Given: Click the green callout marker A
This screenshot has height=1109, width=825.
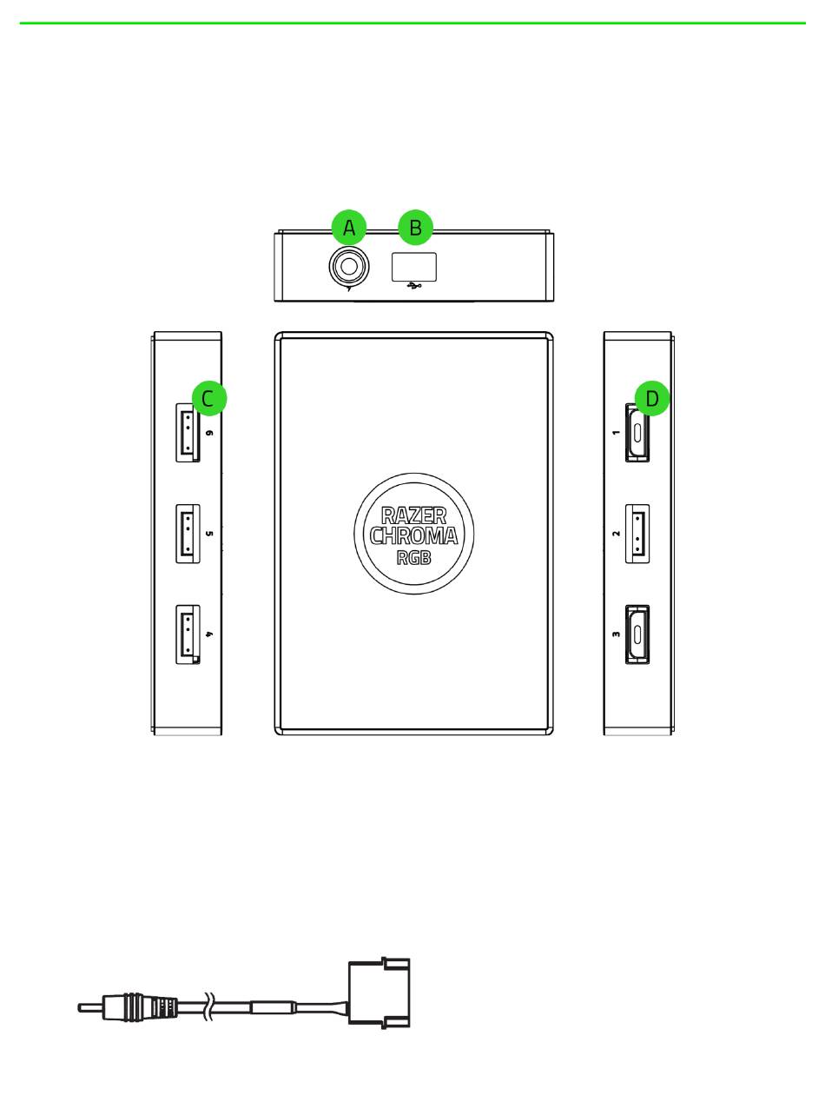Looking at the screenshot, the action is point(349,228).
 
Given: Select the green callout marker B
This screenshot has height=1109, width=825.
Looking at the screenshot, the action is point(415,228).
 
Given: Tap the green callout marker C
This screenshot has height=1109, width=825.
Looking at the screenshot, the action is point(208,399).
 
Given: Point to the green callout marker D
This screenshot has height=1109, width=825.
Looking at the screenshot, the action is point(652,399).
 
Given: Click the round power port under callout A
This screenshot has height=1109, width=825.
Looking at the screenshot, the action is point(349,266).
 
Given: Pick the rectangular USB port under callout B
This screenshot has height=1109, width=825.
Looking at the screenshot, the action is point(413,267).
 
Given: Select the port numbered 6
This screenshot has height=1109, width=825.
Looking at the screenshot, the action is point(188,433).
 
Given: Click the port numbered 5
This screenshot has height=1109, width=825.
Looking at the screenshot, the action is point(188,533).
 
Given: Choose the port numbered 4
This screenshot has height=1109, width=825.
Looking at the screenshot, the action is point(188,634).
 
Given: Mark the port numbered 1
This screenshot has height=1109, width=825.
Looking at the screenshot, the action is point(637,433).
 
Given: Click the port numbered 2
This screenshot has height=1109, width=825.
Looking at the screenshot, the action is point(637,533).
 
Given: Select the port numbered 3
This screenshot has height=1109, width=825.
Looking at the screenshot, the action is point(637,634).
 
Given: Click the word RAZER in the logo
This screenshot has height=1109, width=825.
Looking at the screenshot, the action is point(414,515).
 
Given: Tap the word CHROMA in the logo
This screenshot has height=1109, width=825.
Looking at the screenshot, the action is point(414,536).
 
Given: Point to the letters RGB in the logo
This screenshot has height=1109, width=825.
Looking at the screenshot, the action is point(414,557).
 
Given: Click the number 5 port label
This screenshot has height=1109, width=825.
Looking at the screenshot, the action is point(209,533).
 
